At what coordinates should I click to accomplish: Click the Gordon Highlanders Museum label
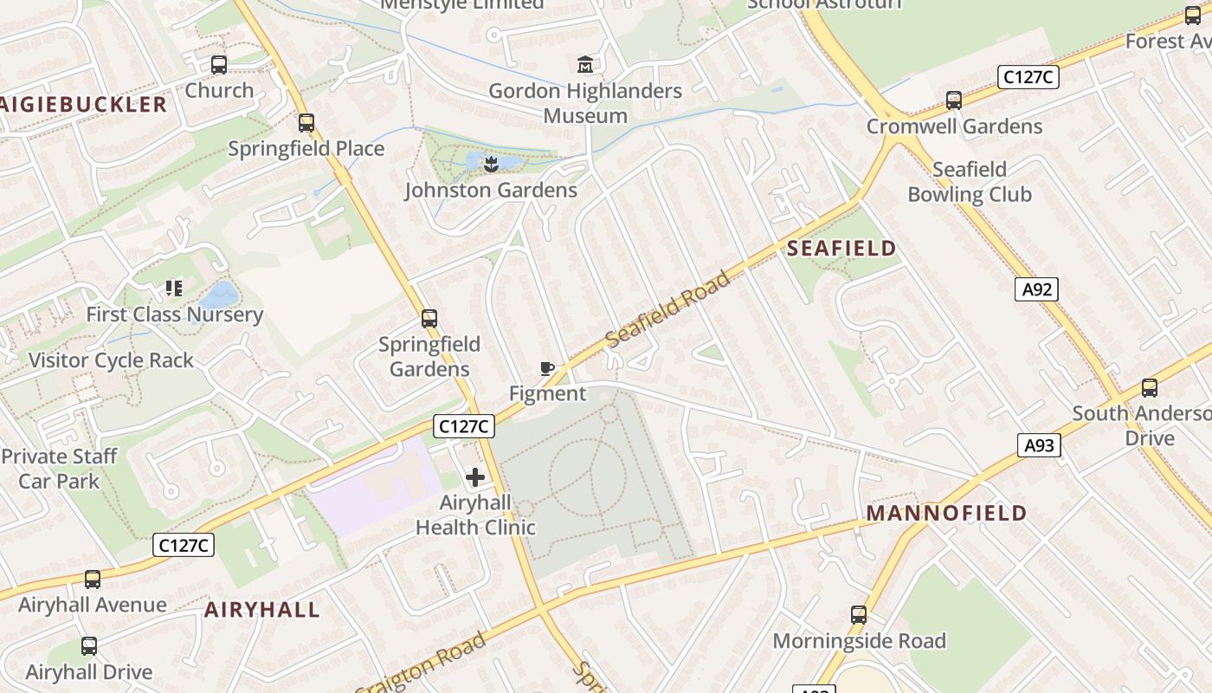[585, 103]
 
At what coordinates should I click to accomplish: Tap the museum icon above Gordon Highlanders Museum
[585, 65]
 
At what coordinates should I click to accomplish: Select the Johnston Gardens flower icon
[491, 163]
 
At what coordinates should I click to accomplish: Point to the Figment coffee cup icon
[547, 369]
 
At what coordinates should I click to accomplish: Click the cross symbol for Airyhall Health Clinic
[475, 476]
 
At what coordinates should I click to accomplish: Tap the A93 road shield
[1038, 445]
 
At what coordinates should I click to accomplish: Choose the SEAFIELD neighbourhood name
[841, 249]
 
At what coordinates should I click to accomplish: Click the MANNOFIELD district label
[946, 513]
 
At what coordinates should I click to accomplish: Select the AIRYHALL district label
[262, 610]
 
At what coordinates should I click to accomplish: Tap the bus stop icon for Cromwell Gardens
[954, 100]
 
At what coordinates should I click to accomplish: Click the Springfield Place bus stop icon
[306, 123]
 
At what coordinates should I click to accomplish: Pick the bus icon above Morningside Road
[859, 615]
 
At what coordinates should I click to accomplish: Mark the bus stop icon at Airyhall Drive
[89, 646]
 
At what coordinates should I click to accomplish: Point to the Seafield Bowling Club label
[970, 182]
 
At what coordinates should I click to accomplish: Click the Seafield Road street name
[668, 309]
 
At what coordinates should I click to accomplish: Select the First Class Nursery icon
[174, 288]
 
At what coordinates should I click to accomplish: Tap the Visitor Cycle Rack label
[111, 360]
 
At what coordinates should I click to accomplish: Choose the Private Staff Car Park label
[59, 469]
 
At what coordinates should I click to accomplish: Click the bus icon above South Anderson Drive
[1150, 388]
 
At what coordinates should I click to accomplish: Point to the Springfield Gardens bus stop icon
[429, 319]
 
